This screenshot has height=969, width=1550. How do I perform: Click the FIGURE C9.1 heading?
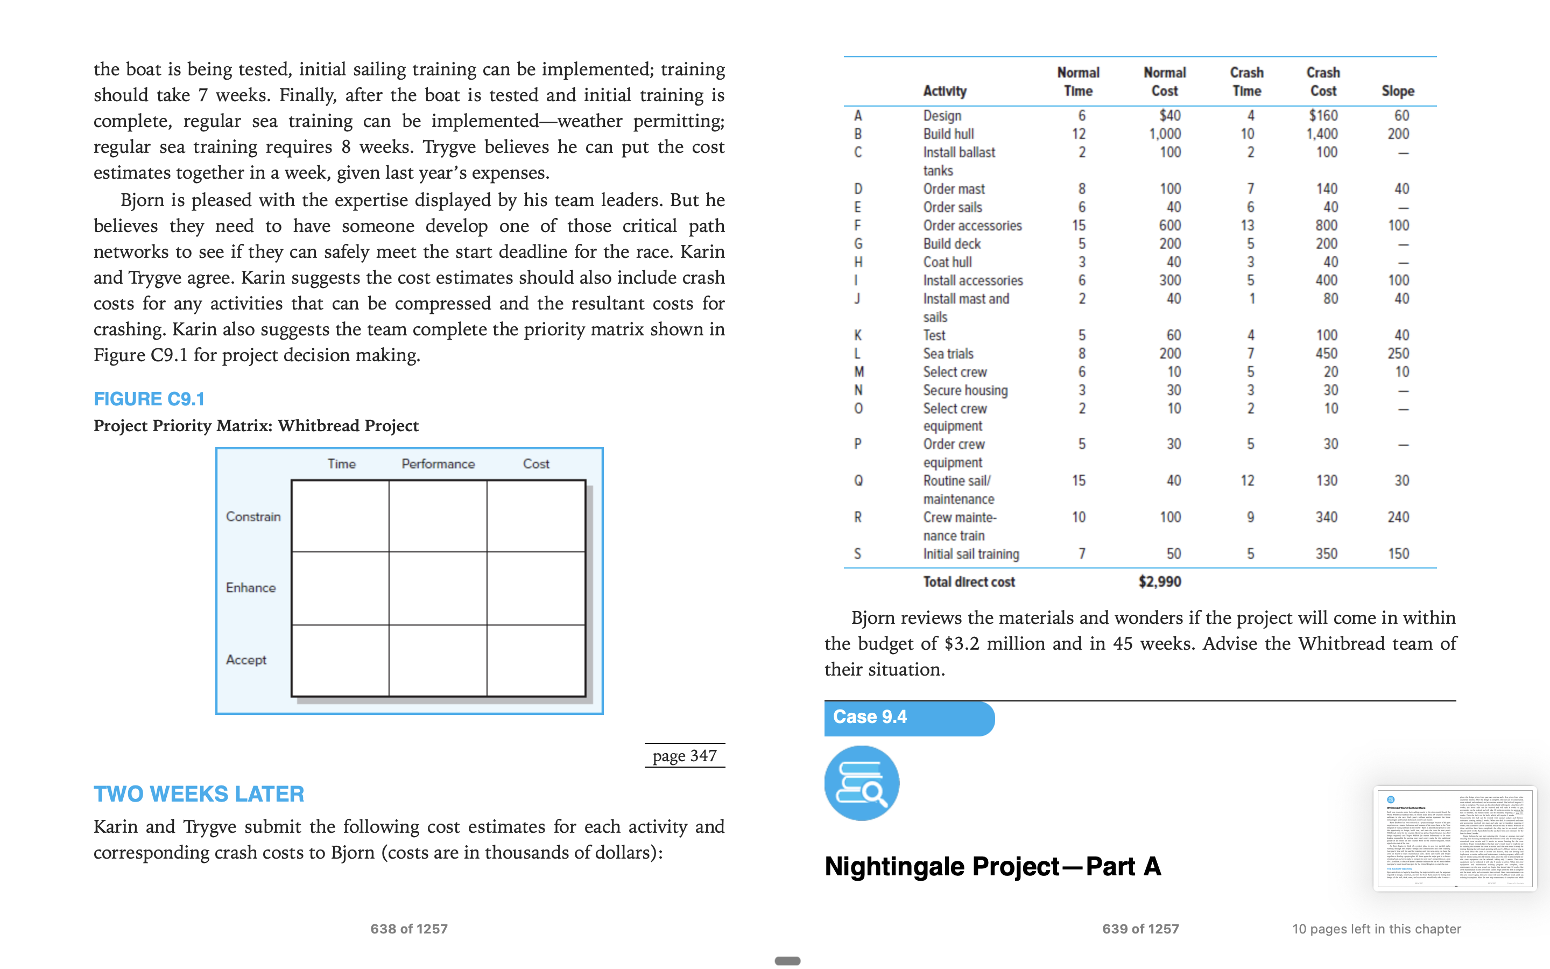(x=149, y=399)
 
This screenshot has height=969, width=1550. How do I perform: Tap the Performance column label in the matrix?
(x=438, y=464)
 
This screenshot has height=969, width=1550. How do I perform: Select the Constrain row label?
(x=253, y=517)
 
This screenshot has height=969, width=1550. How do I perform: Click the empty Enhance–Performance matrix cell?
(x=438, y=588)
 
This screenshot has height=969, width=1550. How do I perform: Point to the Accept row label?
(x=246, y=659)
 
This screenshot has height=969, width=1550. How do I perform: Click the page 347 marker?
(x=684, y=756)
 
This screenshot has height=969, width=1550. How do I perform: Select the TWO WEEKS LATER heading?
(x=199, y=794)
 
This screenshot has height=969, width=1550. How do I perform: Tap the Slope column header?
(x=1398, y=91)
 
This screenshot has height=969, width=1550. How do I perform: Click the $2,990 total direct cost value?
(x=1159, y=582)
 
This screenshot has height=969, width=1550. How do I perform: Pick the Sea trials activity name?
(x=948, y=354)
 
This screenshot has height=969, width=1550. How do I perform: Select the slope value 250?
(x=1398, y=354)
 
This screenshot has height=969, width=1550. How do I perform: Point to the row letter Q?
(x=858, y=481)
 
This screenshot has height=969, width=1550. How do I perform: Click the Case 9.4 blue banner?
(x=908, y=718)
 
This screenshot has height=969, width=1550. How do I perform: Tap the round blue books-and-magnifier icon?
(x=862, y=783)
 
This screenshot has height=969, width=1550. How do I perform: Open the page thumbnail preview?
(x=1455, y=838)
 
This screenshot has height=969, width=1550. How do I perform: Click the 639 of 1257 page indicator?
(x=1140, y=929)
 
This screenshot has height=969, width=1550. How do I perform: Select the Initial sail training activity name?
(x=970, y=554)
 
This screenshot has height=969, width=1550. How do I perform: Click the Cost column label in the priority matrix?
(x=536, y=464)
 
